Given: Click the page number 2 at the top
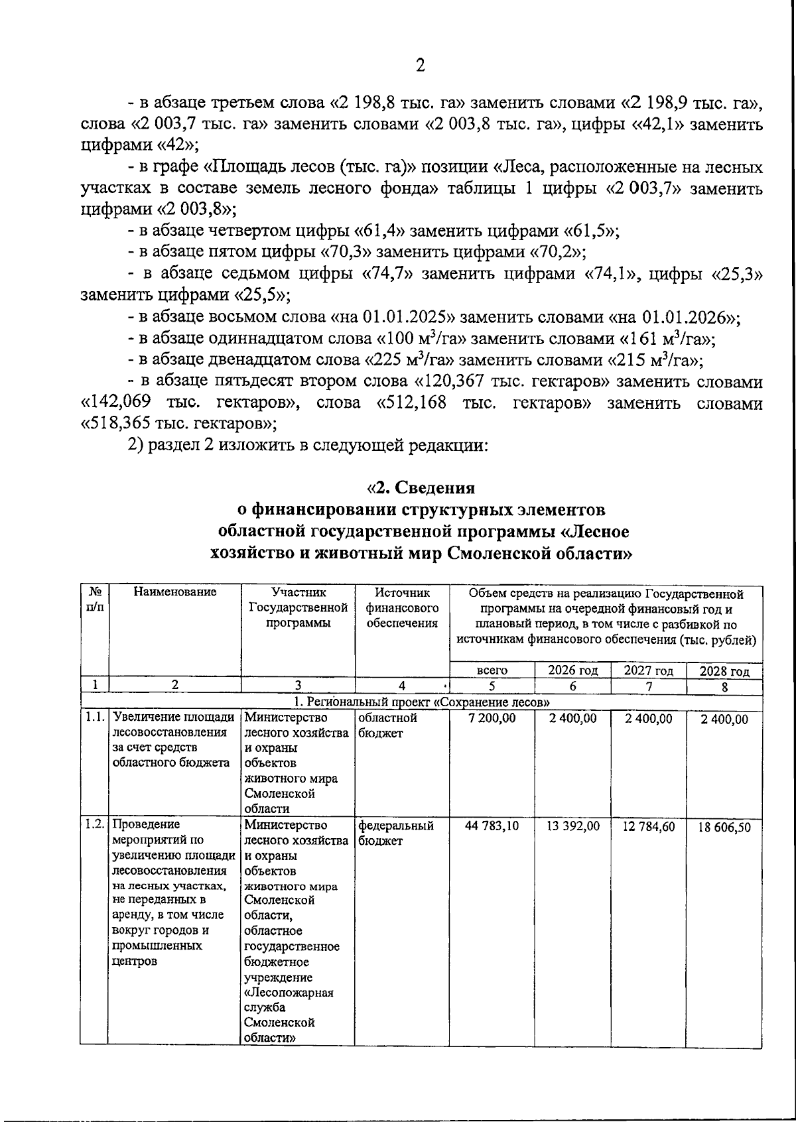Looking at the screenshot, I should (x=419, y=65).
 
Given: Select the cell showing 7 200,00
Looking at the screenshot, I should (x=492, y=718).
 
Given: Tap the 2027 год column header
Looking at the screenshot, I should (x=648, y=670).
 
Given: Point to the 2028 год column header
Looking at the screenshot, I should (x=724, y=671).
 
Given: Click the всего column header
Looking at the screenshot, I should (x=492, y=670).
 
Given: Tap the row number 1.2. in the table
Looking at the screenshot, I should (x=94, y=824).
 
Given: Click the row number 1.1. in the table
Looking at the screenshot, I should (x=94, y=717).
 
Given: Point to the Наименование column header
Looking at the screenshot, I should (x=174, y=592).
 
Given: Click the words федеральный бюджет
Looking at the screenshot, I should (x=395, y=833).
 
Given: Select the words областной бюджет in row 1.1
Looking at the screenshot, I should (x=387, y=725).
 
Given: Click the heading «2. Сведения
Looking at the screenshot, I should (x=421, y=487).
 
